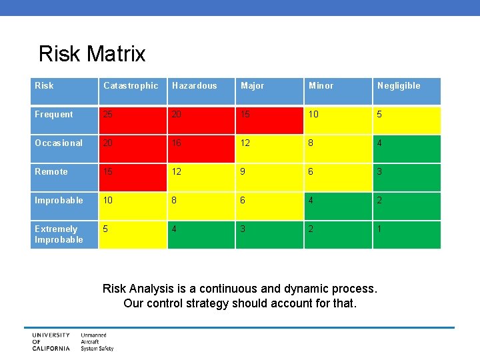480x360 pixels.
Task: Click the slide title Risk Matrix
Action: pos(92,53)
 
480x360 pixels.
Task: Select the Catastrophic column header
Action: pos(131,85)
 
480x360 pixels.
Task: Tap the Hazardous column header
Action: pos(194,85)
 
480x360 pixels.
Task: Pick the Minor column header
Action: pos(321,85)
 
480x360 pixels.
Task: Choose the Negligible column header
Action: pos(399,85)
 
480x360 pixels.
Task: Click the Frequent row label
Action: pos(54,114)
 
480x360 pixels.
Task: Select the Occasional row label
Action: pos(59,143)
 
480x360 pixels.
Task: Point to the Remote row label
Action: pos(51,171)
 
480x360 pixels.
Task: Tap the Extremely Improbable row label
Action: pos(59,234)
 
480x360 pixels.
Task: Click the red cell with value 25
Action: pos(133,120)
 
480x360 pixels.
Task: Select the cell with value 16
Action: pos(201,149)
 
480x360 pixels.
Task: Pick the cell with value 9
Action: pos(269,177)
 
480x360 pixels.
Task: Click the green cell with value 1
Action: pos(407,235)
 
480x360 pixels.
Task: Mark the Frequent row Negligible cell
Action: pos(407,120)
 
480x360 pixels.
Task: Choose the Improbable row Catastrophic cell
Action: pos(133,206)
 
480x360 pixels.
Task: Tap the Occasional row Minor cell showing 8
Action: pos(338,149)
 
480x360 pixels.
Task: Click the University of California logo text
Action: pos(51,341)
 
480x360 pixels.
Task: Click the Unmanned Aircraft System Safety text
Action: pos(97,341)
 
